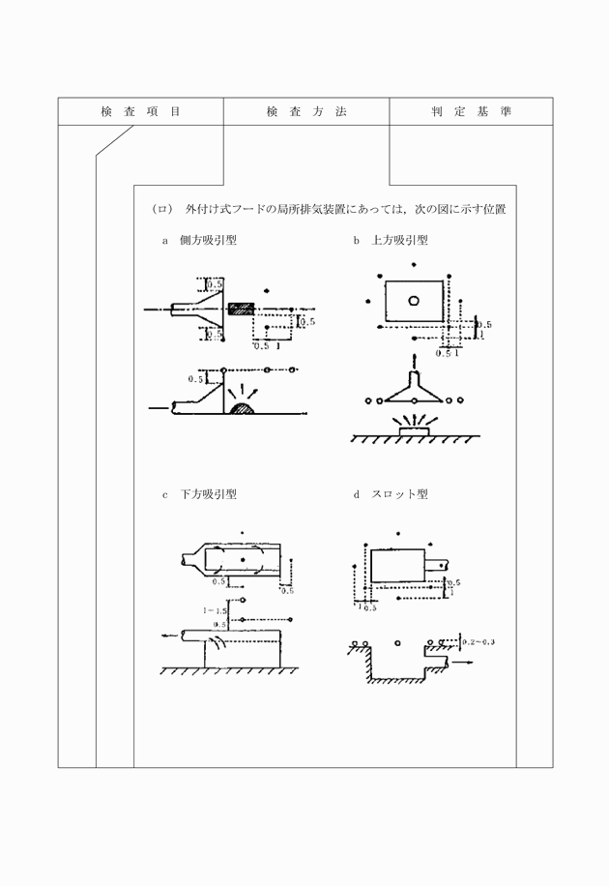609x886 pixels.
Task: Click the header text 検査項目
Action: tap(140, 112)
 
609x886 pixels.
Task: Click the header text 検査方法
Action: tap(305, 112)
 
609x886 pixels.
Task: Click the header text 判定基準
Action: tap(472, 112)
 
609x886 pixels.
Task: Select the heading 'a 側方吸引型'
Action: tap(199, 240)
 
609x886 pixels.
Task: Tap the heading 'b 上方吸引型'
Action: tap(391, 240)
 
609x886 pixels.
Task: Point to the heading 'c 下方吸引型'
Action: tap(199, 494)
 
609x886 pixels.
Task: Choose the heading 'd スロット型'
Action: tap(391, 494)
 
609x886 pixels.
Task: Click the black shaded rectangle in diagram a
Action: tap(241, 309)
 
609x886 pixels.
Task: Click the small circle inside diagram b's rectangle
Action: tap(414, 299)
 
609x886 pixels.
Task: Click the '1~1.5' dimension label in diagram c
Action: tap(214, 611)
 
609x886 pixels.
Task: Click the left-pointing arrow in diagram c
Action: tap(170, 635)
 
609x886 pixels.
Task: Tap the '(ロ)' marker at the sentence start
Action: tap(161, 208)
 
